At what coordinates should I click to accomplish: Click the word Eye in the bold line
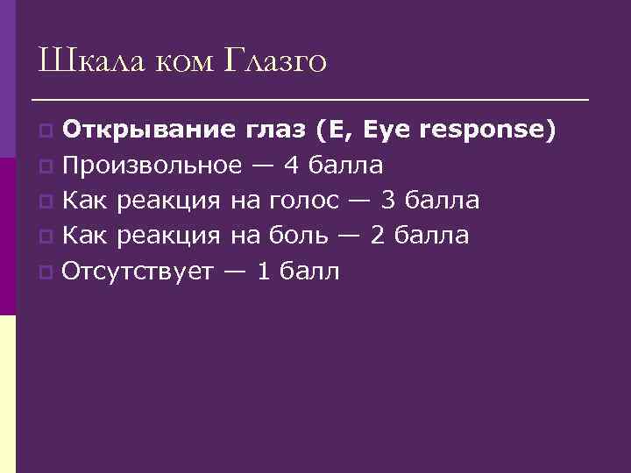(384, 131)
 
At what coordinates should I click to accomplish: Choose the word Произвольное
(152, 166)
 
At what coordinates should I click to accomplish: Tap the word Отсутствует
(138, 272)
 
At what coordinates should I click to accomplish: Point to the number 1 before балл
(261, 272)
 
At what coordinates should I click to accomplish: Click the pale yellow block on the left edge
(8, 394)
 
